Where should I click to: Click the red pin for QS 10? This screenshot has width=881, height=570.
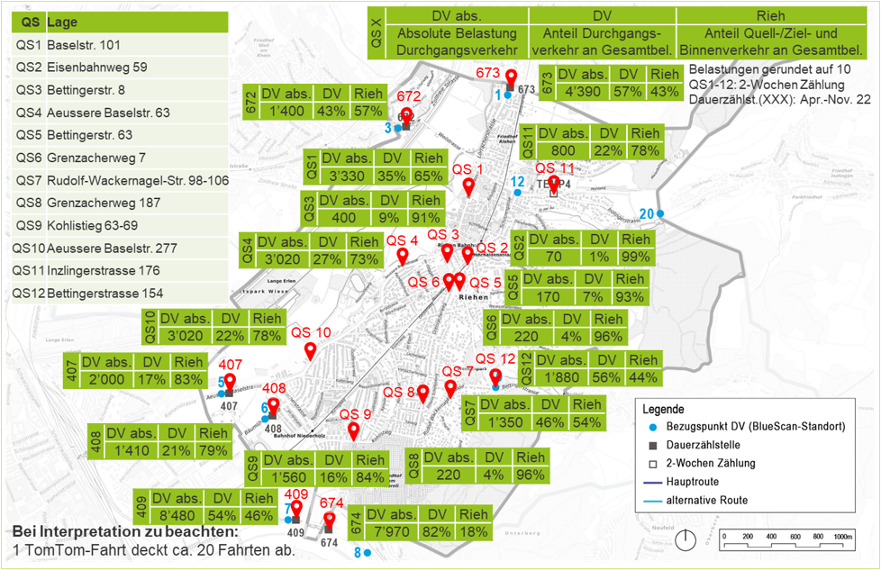click(311, 350)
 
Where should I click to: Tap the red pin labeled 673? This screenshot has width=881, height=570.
click(511, 78)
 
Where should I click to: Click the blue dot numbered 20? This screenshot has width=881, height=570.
click(660, 213)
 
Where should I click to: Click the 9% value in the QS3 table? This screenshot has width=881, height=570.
click(389, 217)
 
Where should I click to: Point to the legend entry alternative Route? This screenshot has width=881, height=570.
click(706, 500)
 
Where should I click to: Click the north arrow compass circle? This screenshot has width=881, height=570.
click(687, 541)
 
